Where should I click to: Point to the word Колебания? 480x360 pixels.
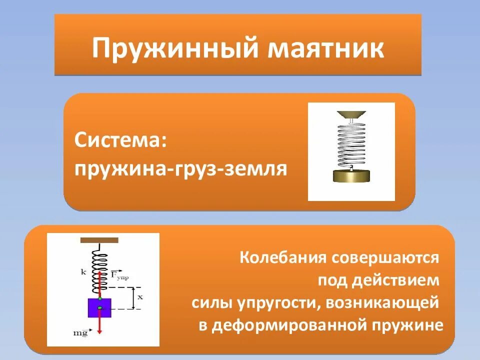coord(281,258)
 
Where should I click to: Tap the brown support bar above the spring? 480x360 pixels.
coord(99,240)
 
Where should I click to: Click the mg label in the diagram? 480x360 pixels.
coord(80,332)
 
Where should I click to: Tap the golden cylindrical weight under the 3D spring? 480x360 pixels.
coord(351,176)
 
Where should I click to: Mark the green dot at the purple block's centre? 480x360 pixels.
coord(99,307)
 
